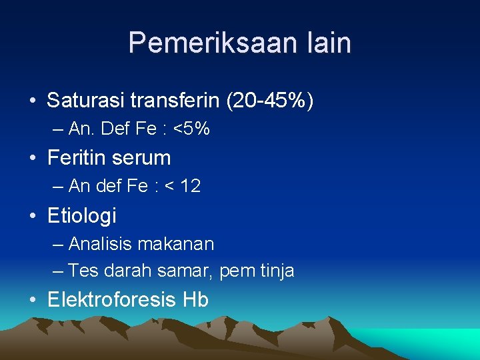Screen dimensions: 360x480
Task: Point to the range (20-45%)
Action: pyautogui.click(x=270, y=101)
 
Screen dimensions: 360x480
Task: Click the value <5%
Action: pyautogui.click(x=191, y=129)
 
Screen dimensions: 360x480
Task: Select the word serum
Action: pyautogui.click(x=143, y=158)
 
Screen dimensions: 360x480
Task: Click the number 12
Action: pyautogui.click(x=190, y=187)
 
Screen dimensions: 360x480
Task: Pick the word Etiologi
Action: pyautogui.click(x=81, y=215)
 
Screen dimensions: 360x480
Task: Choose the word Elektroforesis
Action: pyautogui.click(x=112, y=300)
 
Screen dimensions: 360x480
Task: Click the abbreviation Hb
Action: pyautogui.click(x=195, y=300)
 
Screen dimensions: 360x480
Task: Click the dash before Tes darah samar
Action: pyautogui.click(x=57, y=271)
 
